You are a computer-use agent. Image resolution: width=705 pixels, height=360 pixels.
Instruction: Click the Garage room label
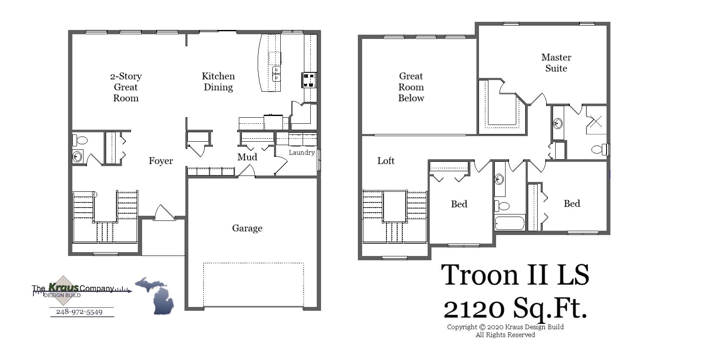[247, 228]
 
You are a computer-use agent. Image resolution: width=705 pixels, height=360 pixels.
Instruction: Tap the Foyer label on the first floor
[161, 161]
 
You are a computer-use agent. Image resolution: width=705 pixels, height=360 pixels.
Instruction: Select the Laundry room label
[301, 152]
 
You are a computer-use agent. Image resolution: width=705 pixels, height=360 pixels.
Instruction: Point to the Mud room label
[247, 157]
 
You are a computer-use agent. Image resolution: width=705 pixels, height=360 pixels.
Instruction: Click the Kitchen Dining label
[218, 82]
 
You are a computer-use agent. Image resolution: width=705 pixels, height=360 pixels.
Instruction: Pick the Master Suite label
[556, 62]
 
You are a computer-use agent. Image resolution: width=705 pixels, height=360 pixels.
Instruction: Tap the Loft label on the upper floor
[385, 161]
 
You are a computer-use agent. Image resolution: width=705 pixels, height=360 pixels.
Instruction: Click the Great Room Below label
[411, 87]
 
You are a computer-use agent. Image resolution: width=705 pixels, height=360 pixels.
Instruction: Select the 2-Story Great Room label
[125, 87]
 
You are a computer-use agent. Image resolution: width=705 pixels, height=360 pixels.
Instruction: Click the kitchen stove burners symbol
[309, 80]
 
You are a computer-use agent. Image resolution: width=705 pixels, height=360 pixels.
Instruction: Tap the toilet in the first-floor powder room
[80, 140]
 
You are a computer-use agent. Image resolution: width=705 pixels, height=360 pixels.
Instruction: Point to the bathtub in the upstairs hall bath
[509, 223]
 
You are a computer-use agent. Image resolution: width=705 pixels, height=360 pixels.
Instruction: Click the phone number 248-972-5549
[79, 312]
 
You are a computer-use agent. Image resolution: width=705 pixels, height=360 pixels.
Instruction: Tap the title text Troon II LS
[515, 275]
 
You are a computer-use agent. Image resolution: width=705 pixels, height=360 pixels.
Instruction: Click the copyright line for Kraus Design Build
[505, 327]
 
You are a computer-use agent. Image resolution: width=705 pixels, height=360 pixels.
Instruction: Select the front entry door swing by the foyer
[164, 213]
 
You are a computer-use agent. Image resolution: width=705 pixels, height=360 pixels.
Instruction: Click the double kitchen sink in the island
[276, 74]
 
